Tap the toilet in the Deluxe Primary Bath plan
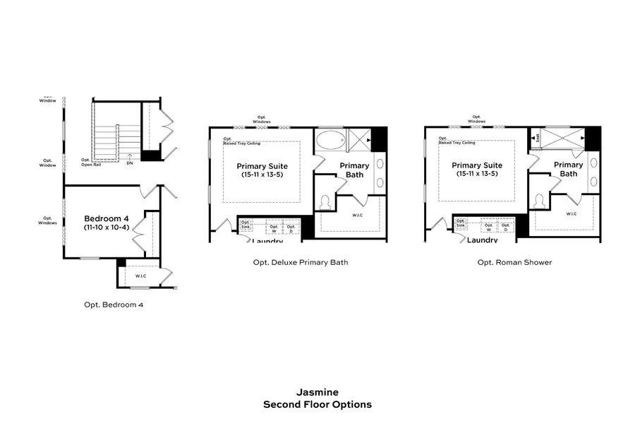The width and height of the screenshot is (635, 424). pos(325,203)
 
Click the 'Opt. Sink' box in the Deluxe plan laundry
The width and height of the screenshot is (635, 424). pos(246,225)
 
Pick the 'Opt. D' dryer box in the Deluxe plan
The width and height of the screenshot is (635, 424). pos(291,228)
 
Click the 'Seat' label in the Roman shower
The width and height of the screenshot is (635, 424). pos(538,138)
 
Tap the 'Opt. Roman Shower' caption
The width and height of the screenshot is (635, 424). pos(514,262)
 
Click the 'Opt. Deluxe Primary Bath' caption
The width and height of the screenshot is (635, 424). pos(300,262)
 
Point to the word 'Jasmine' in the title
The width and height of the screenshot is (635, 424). pos(317,392)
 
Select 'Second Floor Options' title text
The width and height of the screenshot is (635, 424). pos(317,405)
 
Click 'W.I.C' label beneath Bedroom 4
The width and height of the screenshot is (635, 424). pos(140,276)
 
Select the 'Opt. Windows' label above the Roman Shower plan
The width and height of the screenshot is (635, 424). pos(477,119)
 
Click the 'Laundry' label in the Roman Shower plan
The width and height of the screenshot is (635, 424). pos(483,240)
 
